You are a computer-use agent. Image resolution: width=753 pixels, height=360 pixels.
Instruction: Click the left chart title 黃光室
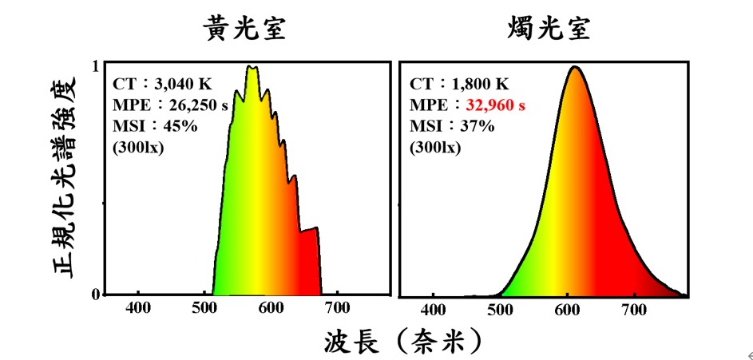tap(244, 30)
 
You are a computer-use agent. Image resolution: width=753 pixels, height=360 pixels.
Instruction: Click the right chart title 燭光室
tap(549, 30)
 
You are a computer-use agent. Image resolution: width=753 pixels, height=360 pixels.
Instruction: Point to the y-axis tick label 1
tap(95, 67)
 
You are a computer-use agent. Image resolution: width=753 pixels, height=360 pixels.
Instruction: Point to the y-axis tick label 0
tap(95, 294)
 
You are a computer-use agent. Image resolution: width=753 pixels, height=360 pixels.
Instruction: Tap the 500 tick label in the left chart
tap(204, 309)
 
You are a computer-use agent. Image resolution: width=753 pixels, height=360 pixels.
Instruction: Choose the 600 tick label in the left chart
tap(271, 309)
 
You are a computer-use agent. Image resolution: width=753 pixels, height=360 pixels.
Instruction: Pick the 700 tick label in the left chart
tap(337, 309)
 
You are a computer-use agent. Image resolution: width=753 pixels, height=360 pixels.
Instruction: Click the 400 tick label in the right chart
tap(434, 309)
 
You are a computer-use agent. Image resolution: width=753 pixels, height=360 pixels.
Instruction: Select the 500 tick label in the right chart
tap(501, 309)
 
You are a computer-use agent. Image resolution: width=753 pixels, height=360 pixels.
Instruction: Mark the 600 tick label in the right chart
tap(568, 309)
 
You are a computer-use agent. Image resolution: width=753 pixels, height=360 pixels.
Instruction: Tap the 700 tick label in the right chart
tap(634, 309)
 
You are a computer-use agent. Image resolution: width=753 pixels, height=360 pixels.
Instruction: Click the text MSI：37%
tap(442, 126)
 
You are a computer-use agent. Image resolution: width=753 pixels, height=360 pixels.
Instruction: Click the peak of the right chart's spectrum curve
tap(573, 67)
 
